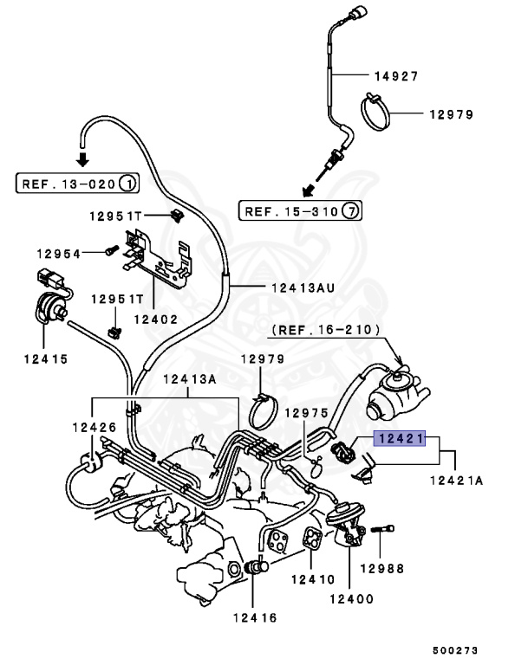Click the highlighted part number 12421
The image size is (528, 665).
coord(399,439)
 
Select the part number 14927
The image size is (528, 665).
coord(395,76)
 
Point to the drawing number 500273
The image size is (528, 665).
coord(456,649)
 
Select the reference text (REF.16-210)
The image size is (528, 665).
coord(320,329)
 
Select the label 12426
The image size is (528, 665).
coord(94,426)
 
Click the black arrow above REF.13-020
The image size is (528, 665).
coord(82,158)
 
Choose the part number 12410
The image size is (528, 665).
coord(311,579)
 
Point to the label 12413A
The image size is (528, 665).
coord(186,378)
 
